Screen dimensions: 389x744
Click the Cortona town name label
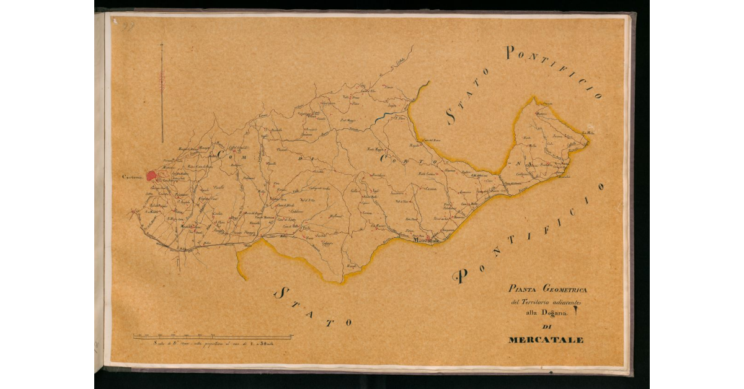pyautogui.click(x=132, y=178)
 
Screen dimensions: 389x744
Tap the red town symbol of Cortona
pyautogui.click(x=151, y=177)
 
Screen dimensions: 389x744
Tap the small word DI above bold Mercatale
pyautogui.click(x=546, y=328)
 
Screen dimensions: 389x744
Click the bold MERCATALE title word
pyautogui.click(x=546, y=340)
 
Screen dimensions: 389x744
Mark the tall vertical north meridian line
pyautogui.click(x=162, y=93)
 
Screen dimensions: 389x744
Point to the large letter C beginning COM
pyautogui.click(x=219, y=151)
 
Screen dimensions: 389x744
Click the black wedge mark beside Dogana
pyautogui.click(x=576, y=313)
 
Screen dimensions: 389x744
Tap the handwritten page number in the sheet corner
pyautogui.click(x=128, y=25)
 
